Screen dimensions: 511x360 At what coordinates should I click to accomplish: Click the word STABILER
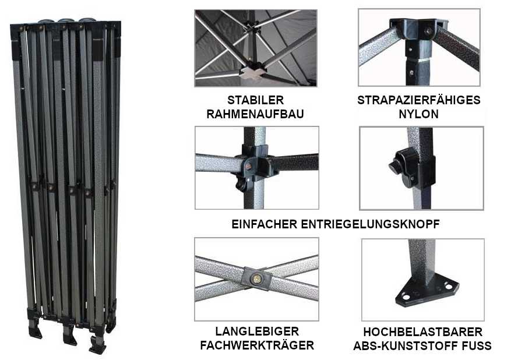point(255,100)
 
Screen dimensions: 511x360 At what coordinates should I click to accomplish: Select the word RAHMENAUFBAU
point(255,114)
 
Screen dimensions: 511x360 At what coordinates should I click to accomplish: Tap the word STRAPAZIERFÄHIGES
point(419,100)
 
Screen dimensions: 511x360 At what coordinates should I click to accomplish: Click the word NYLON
point(419,114)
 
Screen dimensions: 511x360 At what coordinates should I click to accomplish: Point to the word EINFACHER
point(265,224)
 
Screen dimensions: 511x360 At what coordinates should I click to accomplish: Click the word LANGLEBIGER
point(257,331)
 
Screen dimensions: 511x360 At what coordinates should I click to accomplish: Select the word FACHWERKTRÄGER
point(257,345)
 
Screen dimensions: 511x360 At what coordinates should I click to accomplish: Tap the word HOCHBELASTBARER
point(422,332)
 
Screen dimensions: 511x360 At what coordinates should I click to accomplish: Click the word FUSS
point(477,345)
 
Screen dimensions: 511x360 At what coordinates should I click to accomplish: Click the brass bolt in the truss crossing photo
point(257,279)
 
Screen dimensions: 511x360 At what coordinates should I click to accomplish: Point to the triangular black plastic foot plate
point(427,290)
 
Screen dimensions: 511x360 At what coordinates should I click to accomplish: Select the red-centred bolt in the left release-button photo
point(248,167)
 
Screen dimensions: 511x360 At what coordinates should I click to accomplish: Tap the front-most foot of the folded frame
point(98,345)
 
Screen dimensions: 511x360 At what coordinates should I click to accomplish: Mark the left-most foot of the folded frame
point(35,329)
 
